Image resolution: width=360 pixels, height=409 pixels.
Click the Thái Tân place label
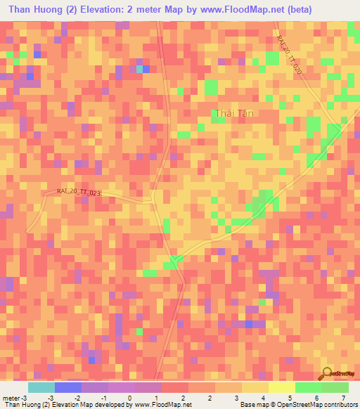tap(233, 113)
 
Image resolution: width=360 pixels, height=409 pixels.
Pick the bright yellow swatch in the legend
tap(281, 387)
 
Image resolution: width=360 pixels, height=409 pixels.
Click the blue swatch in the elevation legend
tap(68, 387)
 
